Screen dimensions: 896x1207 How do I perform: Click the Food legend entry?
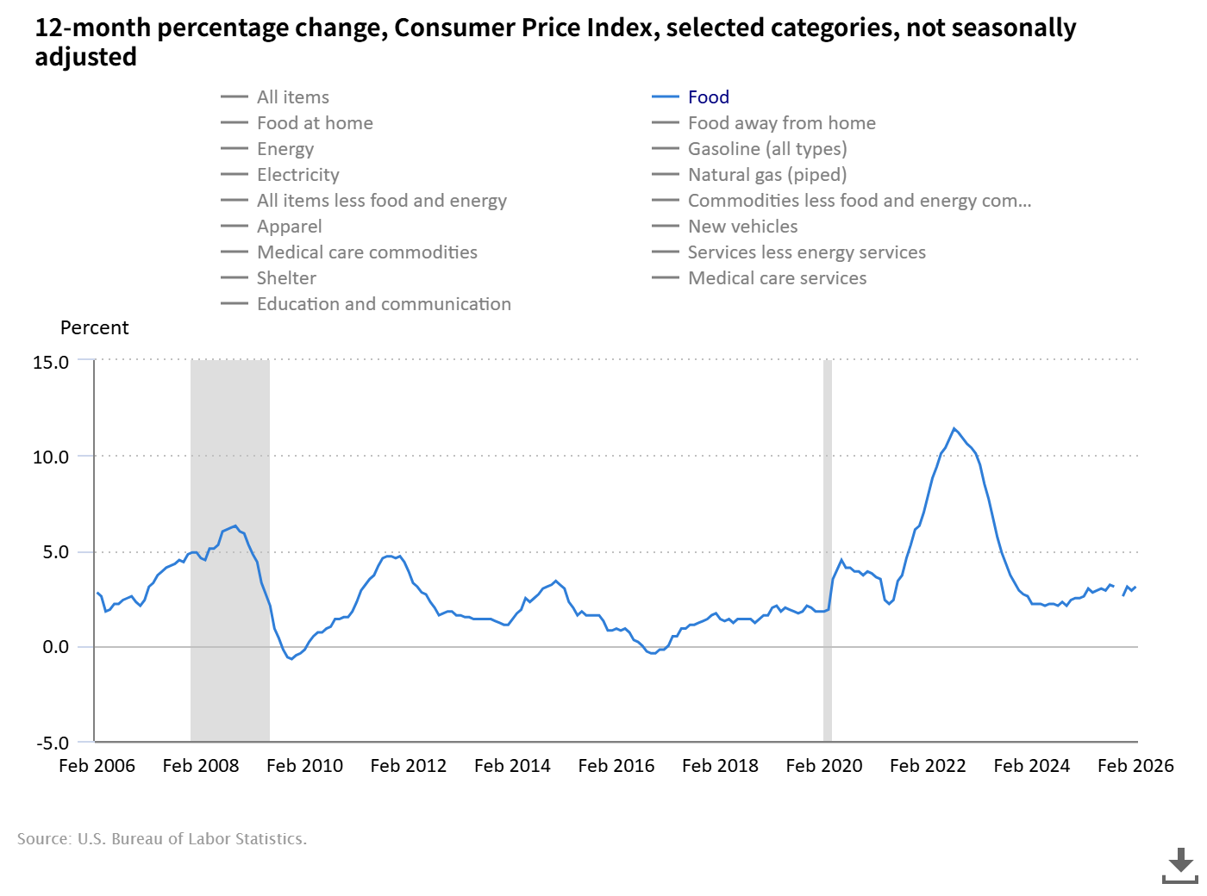point(708,97)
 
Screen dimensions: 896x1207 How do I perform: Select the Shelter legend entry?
point(286,278)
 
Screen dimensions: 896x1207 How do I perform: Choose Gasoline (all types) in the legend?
point(766,149)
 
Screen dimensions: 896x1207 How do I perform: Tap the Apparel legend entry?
point(289,227)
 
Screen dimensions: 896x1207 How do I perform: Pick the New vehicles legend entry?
point(742,227)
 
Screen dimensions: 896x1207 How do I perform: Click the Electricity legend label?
point(297,175)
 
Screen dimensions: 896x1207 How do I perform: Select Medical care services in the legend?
point(777,278)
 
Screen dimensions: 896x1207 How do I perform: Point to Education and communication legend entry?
point(384,304)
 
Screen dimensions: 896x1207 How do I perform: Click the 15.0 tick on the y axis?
point(51,363)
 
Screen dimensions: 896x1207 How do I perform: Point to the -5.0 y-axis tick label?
point(53,743)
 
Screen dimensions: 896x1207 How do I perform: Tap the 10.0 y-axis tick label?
point(51,457)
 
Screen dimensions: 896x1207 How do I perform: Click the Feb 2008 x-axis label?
point(201,766)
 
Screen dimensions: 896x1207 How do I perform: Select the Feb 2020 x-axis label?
point(824,766)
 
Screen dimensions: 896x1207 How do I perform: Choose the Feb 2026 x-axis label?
point(1135,766)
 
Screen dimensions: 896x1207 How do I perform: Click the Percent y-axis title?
point(94,328)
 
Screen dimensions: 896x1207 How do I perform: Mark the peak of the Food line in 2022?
point(954,428)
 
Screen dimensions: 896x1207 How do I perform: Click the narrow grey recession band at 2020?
point(828,551)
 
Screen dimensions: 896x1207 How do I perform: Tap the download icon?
point(1180,865)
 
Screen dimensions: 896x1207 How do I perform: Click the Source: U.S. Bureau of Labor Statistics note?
point(162,839)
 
